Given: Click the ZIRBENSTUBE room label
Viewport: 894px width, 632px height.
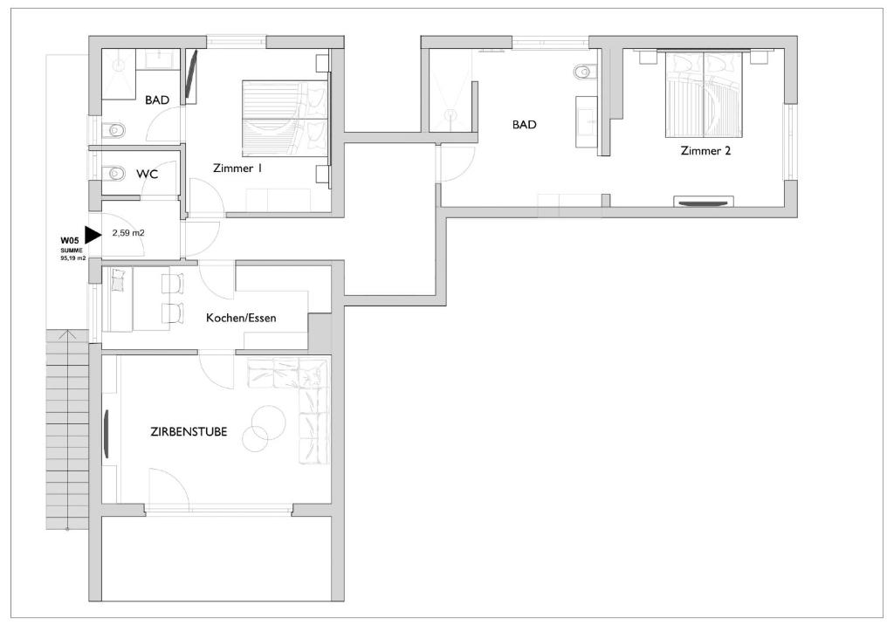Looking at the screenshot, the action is pyautogui.click(x=189, y=431).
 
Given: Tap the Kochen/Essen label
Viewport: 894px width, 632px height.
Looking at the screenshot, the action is pyautogui.click(x=241, y=318).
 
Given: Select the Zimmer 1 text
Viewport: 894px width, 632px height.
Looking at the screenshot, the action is pyautogui.click(x=237, y=168).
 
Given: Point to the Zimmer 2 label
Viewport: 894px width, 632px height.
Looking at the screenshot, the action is pyautogui.click(x=705, y=150).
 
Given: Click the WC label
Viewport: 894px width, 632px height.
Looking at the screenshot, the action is pyautogui.click(x=147, y=174).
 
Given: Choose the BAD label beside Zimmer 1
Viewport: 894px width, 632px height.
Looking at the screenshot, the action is pyautogui.click(x=157, y=100).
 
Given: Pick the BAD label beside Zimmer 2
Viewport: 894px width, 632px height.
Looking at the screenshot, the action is pyautogui.click(x=524, y=124).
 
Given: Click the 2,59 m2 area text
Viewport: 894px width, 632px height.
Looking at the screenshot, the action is pyautogui.click(x=128, y=232).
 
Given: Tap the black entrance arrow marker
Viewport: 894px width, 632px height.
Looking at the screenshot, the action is pyautogui.click(x=92, y=234).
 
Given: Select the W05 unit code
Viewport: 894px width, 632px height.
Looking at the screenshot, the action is pyautogui.click(x=70, y=240).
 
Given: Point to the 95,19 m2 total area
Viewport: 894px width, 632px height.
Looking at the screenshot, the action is pyautogui.click(x=73, y=258).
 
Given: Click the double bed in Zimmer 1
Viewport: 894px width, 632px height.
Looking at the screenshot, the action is pyautogui.click(x=285, y=119).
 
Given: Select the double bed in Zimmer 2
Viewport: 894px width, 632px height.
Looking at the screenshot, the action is pyautogui.click(x=705, y=94).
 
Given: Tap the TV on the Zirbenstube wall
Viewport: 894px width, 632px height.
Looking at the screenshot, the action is pyautogui.click(x=106, y=434).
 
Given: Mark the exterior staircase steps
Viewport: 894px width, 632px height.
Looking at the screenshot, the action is pyautogui.click(x=67, y=430).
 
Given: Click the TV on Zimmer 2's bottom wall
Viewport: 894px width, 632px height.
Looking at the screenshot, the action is pyautogui.click(x=703, y=201).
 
